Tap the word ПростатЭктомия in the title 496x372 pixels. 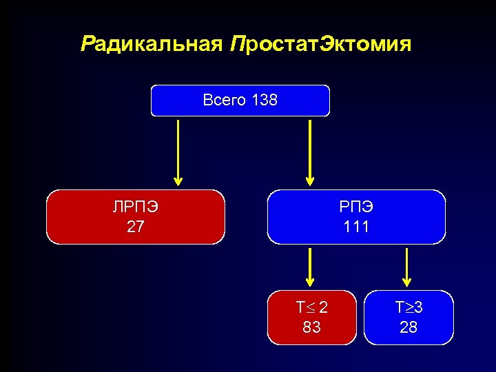pos(322,45)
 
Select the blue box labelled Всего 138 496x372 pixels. pos(240,101)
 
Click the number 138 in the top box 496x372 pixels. pos(265,101)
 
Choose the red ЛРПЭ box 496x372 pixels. pos(136,217)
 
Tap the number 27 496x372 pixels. pos(136,227)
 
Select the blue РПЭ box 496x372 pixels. pos(356,217)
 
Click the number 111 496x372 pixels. pos(356,227)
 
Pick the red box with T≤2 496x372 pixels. pos(312,318)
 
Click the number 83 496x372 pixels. pos(312,328)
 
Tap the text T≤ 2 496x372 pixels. pos(312,308)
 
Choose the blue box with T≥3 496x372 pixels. pos(409,318)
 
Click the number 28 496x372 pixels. pos(409,328)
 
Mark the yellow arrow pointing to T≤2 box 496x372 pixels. pos(310,267)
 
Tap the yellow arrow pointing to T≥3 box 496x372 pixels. pos(407,267)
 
